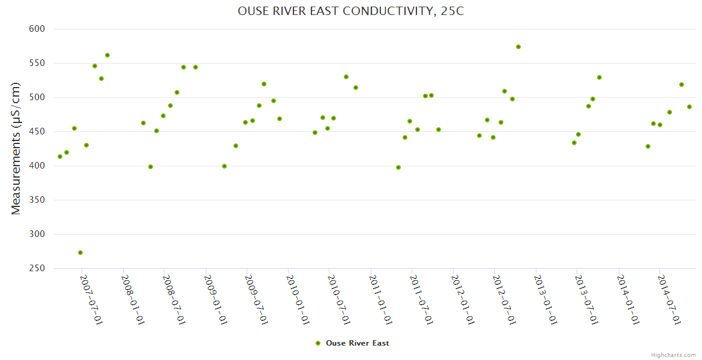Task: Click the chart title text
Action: click(350, 11)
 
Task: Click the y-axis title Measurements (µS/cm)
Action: click(16, 148)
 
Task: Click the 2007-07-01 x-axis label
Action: click(91, 299)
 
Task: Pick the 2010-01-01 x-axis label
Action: click(298, 299)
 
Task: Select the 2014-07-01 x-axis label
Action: click(669, 299)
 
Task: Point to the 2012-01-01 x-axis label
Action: click(463, 299)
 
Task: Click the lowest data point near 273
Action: click(80, 253)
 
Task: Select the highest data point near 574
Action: click(518, 47)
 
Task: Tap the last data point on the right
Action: click(689, 107)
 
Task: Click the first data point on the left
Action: click(60, 157)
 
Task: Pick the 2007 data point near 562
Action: click(107, 55)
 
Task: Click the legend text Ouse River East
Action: click(357, 343)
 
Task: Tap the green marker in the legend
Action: click(318, 343)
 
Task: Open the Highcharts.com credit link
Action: click(673, 355)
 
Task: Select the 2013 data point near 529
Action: click(599, 77)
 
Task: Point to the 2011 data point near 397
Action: click(398, 167)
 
